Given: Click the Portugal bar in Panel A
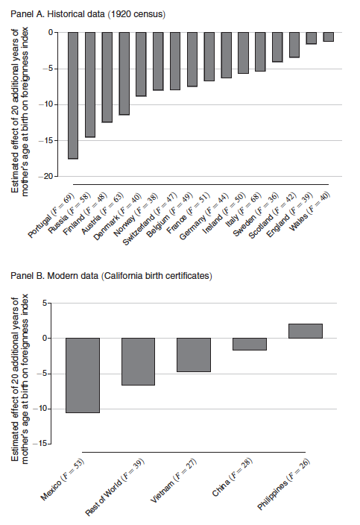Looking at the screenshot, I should pos(73,95).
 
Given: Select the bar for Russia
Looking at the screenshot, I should pos(90,84).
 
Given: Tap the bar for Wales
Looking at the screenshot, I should pos(329,37).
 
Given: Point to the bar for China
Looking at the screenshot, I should pos(249,344).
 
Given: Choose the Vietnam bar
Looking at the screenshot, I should pos(194,354).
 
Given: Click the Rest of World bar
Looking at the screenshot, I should pos(139,361).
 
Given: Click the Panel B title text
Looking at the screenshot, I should pos(112,277).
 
